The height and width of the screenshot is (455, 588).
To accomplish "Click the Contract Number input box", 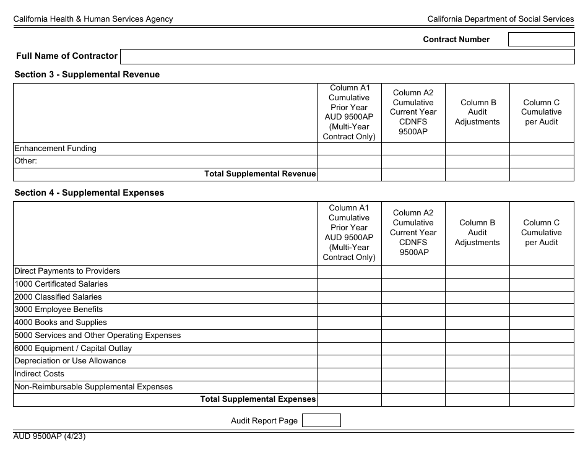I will coord(541,40).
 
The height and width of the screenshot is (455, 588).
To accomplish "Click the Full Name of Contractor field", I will coord(347,56).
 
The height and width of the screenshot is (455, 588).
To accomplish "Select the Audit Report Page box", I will coord(321,420).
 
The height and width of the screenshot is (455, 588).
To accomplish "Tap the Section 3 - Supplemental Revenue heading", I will coord(87,74).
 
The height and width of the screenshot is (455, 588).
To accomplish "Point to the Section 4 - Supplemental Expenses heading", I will coord(89,193).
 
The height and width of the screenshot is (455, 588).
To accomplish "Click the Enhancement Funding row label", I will coord(55,149).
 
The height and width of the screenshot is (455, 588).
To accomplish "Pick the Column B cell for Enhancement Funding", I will coord(477,149).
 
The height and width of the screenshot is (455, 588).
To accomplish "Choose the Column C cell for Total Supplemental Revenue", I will coord(542,174).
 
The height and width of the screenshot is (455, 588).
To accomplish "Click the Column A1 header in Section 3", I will coord(349,112).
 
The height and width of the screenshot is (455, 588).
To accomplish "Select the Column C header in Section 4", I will coord(542,232).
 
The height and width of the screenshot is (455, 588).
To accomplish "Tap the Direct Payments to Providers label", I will coord(67,271).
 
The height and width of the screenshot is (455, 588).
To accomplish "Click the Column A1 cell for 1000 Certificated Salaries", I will coord(349,284).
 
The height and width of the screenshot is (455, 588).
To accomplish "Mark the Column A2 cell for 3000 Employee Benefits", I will coord(413,310).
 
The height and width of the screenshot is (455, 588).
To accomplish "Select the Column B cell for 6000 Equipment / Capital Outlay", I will coord(477,349).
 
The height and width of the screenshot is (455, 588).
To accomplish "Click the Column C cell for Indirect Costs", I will coord(542,374).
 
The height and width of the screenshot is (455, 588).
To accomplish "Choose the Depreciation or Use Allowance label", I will coord(70,361).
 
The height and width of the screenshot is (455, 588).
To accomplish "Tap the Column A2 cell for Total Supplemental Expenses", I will coord(413,399).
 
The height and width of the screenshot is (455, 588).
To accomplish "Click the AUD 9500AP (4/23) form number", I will coord(50,436).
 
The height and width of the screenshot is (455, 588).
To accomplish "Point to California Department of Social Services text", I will coord(500,19).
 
